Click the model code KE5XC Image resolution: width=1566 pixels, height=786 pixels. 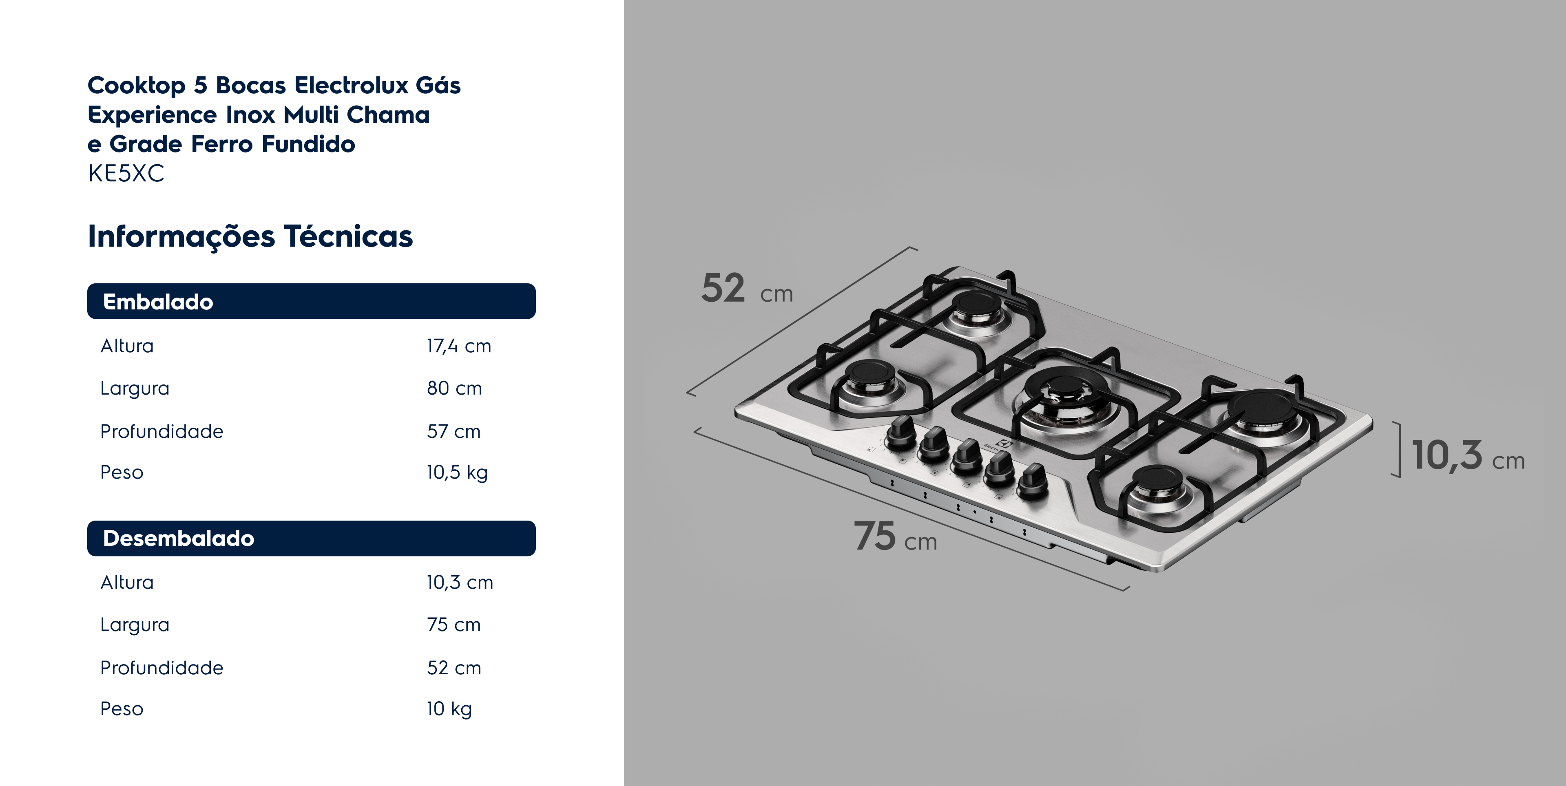(126, 174)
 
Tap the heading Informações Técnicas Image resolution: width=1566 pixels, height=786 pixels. (250, 236)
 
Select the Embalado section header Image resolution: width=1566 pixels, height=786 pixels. (311, 301)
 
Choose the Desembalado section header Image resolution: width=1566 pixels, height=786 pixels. (311, 538)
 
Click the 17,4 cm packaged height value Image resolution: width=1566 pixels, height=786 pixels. (459, 346)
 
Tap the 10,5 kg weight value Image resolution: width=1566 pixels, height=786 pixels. (457, 472)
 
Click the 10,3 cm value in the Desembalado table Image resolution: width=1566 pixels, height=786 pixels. (460, 582)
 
